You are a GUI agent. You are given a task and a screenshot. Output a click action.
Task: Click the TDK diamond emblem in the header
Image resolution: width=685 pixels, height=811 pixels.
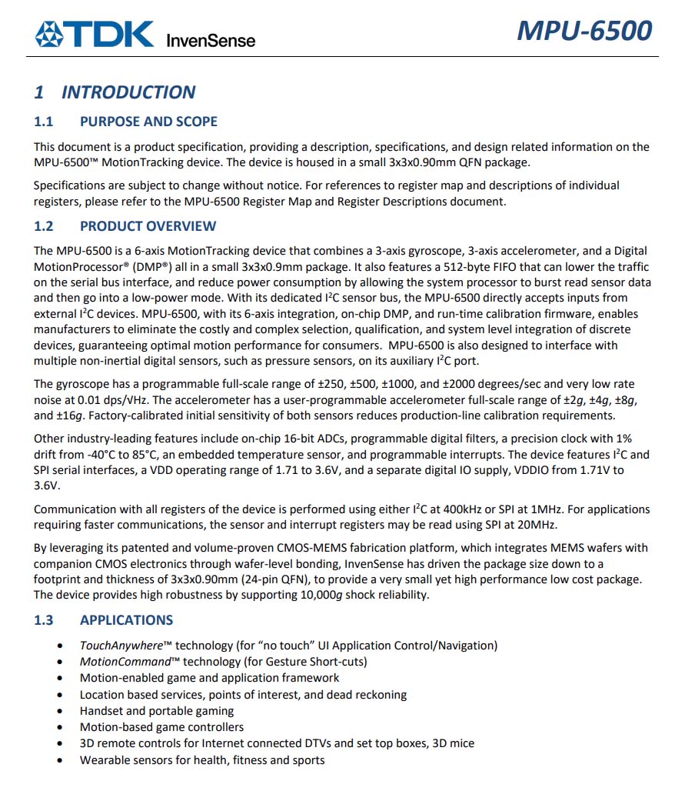pos(50,35)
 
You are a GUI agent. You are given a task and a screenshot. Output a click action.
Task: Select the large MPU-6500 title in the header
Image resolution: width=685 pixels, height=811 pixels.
pos(585,30)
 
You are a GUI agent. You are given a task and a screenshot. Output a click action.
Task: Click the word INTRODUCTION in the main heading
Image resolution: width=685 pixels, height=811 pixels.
pos(128,92)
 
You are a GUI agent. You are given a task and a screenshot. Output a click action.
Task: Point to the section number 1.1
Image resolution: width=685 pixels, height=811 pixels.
pos(44,122)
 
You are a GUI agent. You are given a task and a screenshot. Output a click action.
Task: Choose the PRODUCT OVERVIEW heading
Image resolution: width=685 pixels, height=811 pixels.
pos(148,226)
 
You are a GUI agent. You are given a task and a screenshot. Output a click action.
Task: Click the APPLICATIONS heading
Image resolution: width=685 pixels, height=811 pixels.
pos(127,620)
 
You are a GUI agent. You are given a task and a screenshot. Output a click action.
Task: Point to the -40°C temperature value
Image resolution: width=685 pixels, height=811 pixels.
pos(83,455)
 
